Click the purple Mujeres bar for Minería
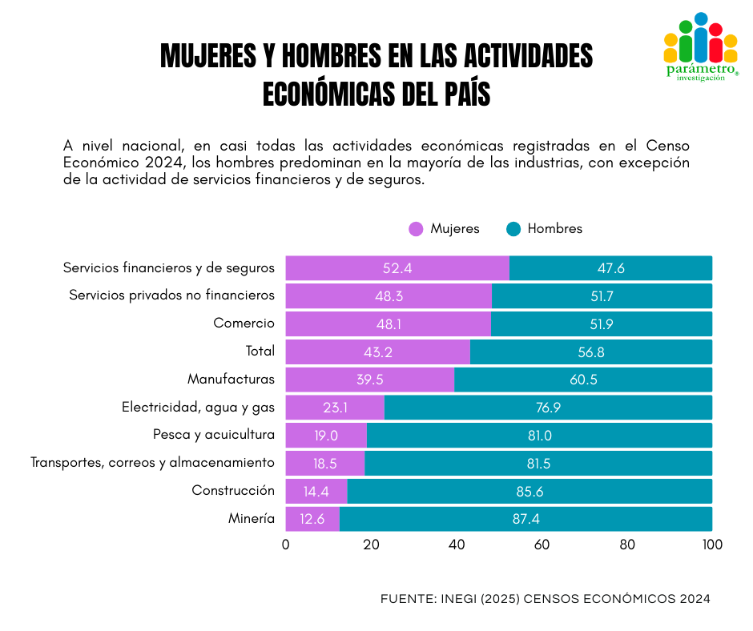click(312, 519)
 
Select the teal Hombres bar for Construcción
click(529, 491)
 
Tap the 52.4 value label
click(397, 268)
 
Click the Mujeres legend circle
click(416, 229)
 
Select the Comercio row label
click(244, 324)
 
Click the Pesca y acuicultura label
click(213, 435)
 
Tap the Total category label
click(260, 352)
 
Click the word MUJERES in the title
click(207, 55)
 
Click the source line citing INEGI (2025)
click(545, 599)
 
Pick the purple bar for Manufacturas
click(369, 380)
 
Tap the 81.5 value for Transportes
click(537, 464)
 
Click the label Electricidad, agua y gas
click(198, 408)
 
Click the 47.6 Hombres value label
click(610, 268)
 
